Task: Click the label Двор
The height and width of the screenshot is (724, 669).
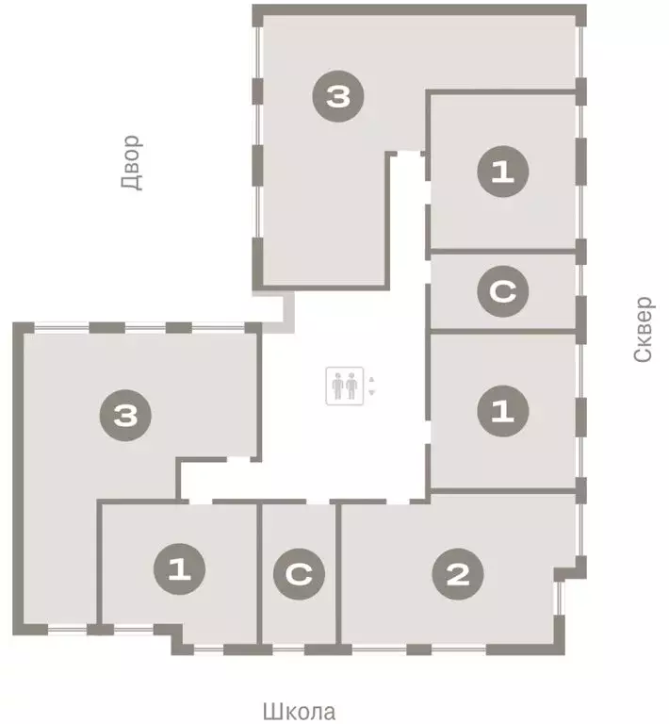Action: (x=131, y=162)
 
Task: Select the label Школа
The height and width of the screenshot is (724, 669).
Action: (x=299, y=711)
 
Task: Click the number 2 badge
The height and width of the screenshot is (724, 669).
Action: (x=458, y=574)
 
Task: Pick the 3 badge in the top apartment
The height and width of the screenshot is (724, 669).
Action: (x=339, y=95)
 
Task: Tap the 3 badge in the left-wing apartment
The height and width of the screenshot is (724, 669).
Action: (x=126, y=414)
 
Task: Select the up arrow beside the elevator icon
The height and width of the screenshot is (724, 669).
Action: (x=372, y=380)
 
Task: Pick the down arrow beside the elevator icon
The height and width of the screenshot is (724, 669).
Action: (x=372, y=392)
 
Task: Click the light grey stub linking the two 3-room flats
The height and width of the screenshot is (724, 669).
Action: (x=279, y=309)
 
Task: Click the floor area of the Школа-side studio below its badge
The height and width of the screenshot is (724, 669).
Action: (x=299, y=618)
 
